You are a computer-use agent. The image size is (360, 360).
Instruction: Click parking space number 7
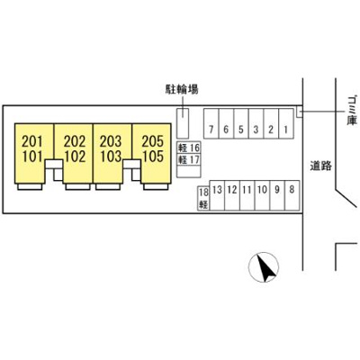click(x=211, y=123)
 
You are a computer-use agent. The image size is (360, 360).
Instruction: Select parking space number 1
click(x=286, y=123)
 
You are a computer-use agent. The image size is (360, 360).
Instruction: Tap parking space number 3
click(x=256, y=123)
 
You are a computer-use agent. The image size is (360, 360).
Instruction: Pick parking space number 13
click(x=217, y=195)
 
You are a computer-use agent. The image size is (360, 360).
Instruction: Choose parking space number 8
click(x=292, y=195)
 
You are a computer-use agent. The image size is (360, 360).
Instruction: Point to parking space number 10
click(x=262, y=195)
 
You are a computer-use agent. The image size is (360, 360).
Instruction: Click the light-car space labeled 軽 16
click(x=189, y=148)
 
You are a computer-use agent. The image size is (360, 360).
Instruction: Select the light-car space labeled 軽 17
click(x=189, y=159)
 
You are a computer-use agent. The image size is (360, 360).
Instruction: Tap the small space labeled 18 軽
click(x=203, y=198)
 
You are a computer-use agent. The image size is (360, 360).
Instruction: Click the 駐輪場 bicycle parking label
click(x=182, y=89)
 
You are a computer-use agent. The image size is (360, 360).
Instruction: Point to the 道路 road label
click(x=321, y=166)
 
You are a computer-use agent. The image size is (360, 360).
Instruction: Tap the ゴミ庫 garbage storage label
click(x=352, y=110)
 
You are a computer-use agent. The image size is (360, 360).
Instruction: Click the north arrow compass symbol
click(x=264, y=267)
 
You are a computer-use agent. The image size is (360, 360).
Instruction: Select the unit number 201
click(x=32, y=141)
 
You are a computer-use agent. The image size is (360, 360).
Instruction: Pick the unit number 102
click(x=75, y=157)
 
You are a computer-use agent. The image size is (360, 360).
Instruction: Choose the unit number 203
click(x=111, y=141)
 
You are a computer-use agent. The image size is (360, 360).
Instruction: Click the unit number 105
click(x=153, y=157)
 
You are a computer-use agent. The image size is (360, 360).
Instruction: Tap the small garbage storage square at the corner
click(x=300, y=112)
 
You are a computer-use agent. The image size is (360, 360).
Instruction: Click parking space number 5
click(x=241, y=123)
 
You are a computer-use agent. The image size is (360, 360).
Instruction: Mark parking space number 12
click(x=232, y=195)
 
